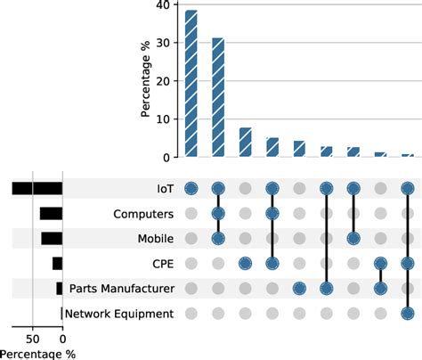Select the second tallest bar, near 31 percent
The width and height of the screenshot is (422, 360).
pyautogui.click(x=218, y=98)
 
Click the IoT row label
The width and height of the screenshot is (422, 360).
pyautogui.click(x=161, y=189)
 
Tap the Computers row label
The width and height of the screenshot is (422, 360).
pyautogui.click(x=142, y=214)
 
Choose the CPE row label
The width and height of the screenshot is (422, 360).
pyautogui.click(x=160, y=264)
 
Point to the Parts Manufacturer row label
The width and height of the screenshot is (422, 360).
pyautogui.click(x=119, y=289)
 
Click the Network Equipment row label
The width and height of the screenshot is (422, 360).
pyautogui.click(x=118, y=314)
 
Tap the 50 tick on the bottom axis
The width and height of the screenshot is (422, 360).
pyautogui.click(x=33, y=339)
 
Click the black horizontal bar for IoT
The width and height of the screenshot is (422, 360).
pyautogui.click(x=37, y=189)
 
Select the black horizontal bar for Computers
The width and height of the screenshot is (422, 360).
pyautogui.click(x=51, y=214)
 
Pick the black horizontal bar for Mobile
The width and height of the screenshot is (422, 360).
pyautogui.click(x=52, y=239)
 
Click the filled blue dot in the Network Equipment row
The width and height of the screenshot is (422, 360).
pyautogui.click(x=407, y=314)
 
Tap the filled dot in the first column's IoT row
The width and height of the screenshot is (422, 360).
pyautogui.click(x=191, y=189)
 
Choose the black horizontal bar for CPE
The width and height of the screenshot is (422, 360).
pyautogui.click(x=57, y=264)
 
